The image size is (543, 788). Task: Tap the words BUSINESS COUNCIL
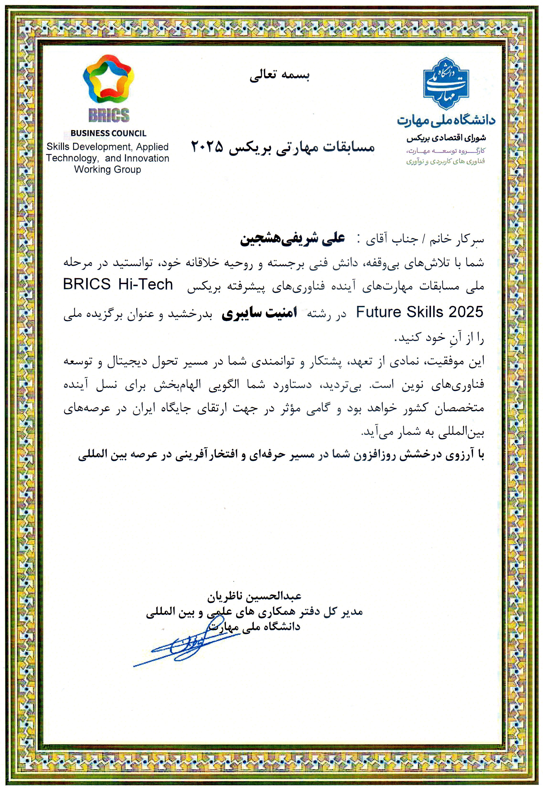(109, 133)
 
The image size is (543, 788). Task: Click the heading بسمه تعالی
(280, 76)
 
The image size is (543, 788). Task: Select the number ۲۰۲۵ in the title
(207, 147)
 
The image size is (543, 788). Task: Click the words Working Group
(107, 170)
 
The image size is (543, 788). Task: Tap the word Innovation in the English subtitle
(147, 158)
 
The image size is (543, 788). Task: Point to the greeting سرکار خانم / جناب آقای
(424, 239)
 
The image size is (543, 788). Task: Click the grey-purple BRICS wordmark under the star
(109, 115)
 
